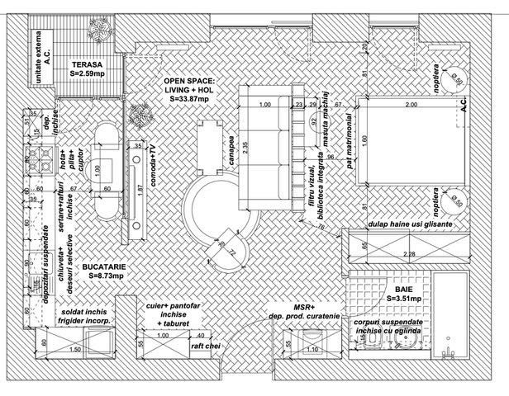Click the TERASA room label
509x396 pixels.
point(86,64)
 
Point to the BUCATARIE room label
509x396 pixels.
point(102,268)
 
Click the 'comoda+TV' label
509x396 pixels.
point(152,163)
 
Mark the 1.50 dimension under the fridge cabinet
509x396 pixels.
point(77,349)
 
